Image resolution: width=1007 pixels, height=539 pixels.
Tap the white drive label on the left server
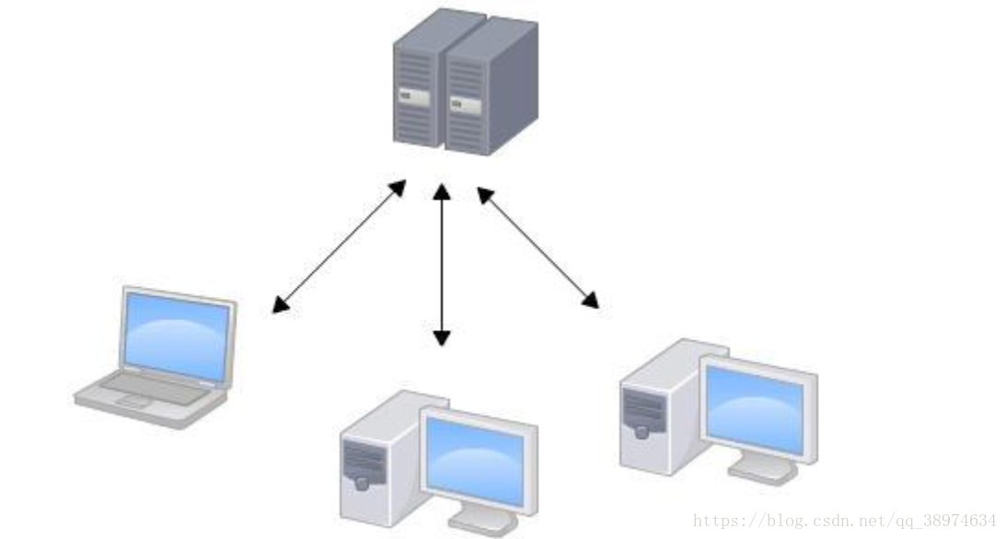point(413,97)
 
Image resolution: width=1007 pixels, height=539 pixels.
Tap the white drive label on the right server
point(466,105)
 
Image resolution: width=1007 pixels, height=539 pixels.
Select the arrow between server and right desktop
point(538,247)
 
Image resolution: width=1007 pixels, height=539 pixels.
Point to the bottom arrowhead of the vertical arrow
point(442,338)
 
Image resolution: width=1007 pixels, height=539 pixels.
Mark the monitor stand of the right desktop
point(762,469)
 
